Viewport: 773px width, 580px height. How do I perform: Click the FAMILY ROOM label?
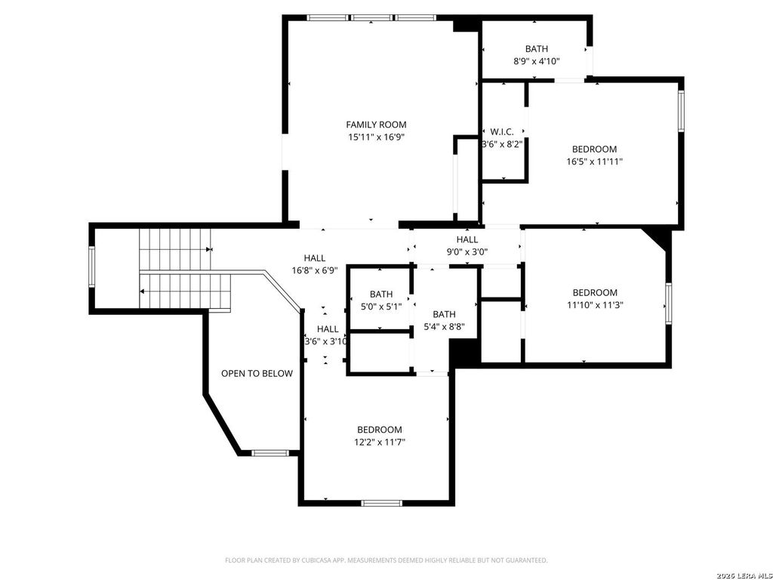[376, 125]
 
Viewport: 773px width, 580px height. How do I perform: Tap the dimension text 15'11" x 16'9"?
[376, 137]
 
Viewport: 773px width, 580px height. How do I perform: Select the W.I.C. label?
[502, 132]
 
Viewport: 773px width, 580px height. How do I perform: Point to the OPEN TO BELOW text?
[257, 373]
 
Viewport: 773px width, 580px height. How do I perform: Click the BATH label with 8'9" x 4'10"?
[537, 49]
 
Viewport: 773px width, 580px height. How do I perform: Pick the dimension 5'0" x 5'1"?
[381, 307]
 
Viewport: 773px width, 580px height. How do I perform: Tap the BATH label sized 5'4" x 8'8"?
[444, 314]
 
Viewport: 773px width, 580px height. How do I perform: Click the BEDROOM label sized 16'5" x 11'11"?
[594, 149]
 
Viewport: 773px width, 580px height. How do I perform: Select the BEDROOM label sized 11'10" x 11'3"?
[595, 292]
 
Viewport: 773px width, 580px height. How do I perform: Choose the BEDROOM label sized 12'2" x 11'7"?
[380, 430]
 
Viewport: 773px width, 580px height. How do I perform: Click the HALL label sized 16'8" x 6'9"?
[315, 258]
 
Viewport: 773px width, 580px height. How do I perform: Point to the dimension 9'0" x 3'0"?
[467, 252]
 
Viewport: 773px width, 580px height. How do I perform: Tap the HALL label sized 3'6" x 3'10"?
[328, 329]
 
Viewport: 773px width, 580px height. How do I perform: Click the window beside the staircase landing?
[91, 267]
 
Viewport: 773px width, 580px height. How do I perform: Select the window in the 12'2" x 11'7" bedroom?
[381, 503]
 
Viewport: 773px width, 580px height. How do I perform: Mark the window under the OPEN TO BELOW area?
[269, 453]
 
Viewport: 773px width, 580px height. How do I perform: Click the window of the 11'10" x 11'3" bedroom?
[669, 304]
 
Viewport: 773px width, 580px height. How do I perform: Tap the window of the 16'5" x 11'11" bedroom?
[681, 111]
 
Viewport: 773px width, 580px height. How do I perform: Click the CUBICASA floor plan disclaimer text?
[386, 560]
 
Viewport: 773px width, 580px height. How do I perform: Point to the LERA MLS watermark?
[744, 575]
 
